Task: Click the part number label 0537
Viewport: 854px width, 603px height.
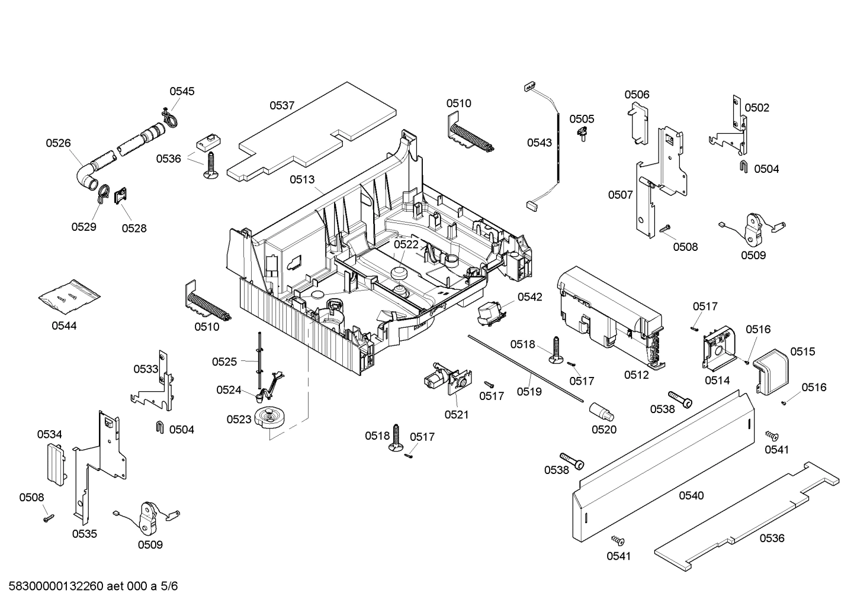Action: coord(282,105)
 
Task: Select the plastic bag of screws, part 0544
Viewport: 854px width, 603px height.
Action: coord(69,295)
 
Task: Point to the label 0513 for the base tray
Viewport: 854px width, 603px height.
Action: coord(302,179)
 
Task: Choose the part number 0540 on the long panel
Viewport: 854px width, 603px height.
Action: coord(691,495)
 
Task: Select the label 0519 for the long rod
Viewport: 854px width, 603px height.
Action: coord(529,391)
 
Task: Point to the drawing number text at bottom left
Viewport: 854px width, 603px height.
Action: coord(89,586)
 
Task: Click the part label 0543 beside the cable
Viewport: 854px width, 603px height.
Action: coord(540,142)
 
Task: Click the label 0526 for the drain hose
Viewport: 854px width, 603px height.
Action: coord(58,143)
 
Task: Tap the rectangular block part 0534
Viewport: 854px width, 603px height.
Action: coord(54,464)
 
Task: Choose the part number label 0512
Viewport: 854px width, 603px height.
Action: coord(636,375)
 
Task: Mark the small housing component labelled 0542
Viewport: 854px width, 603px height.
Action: coord(491,311)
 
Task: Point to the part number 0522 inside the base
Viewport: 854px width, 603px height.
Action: coord(406,244)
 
